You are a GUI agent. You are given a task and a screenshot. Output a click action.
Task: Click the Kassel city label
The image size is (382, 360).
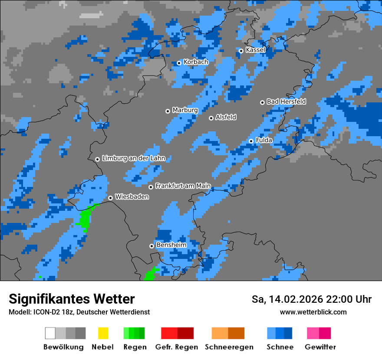click(255, 50)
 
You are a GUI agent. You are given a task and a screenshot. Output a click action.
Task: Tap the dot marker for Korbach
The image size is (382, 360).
click(179, 63)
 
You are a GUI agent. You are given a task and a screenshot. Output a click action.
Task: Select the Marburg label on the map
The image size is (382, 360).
click(185, 110)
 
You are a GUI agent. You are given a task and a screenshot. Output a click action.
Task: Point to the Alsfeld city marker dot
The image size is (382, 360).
click(211, 118)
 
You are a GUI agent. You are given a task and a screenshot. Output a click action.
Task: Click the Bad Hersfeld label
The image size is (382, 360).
click(286, 101)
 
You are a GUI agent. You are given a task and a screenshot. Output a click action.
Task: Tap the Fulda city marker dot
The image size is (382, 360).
click(251, 141)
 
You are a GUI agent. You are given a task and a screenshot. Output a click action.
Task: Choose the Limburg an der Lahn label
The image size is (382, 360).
click(134, 158)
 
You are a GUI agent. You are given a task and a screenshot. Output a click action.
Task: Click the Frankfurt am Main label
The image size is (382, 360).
click(183, 186)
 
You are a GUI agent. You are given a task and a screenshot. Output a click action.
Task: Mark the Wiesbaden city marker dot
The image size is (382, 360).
click(110, 198)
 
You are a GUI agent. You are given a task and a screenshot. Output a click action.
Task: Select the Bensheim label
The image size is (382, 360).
click(171, 245)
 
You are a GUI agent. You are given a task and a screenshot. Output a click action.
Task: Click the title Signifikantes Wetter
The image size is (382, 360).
click(72, 299)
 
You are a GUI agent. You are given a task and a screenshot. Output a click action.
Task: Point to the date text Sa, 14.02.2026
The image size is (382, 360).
click(286, 299)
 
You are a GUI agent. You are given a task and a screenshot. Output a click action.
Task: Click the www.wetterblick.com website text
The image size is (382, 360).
click(313, 312)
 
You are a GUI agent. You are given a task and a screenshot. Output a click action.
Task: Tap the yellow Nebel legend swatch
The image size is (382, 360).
click(103, 333)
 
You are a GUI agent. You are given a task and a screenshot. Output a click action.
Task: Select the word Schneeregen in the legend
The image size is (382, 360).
click(229, 347)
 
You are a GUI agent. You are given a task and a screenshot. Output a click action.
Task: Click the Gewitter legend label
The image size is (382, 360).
click(320, 347)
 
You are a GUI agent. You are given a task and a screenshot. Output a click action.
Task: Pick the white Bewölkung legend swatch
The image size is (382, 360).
click(50, 333)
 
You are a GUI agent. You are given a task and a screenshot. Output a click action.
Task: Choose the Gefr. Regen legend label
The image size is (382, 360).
click(177, 347)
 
